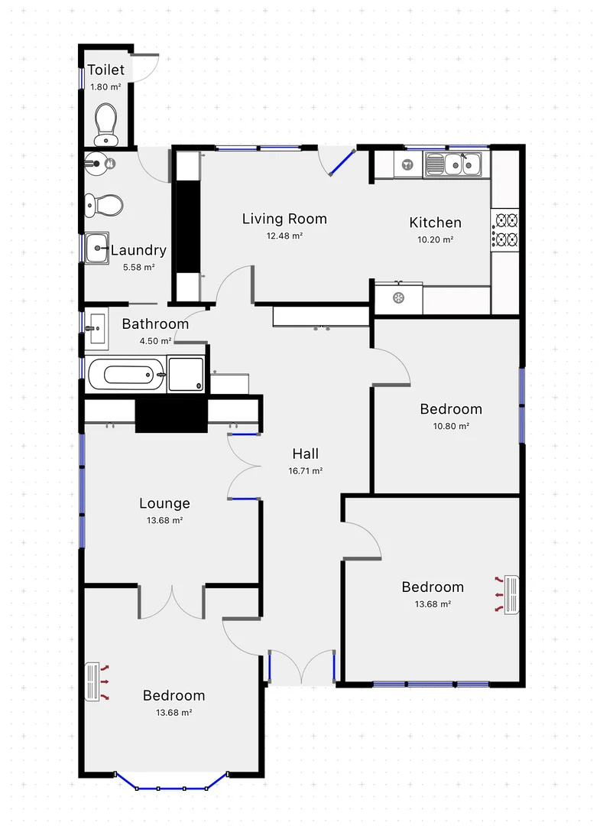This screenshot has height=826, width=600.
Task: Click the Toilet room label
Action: (x=105, y=70)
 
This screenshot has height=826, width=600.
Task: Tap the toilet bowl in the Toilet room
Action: (x=105, y=122)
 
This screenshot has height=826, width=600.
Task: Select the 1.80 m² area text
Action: (x=105, y=87)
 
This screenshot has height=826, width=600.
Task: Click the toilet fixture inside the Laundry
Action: (x=105, y=204)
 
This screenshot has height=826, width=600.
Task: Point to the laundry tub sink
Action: (x=97, y=248)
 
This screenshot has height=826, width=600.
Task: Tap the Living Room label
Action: (x=284, y=219)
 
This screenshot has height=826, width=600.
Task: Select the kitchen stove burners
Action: (x=506, y=231)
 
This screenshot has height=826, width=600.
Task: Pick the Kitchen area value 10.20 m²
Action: (x=435, y=239)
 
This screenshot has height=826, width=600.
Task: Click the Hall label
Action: (x=305, y=454)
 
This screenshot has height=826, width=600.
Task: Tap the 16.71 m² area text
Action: (x=305, y=471)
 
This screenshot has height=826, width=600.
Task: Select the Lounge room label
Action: (x=164, y=503)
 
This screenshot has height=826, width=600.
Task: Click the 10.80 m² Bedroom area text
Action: (x=451, y=426)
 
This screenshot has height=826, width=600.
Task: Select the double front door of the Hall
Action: (x=302, y=667)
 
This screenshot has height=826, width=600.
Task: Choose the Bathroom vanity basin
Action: (x=97, y=329)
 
